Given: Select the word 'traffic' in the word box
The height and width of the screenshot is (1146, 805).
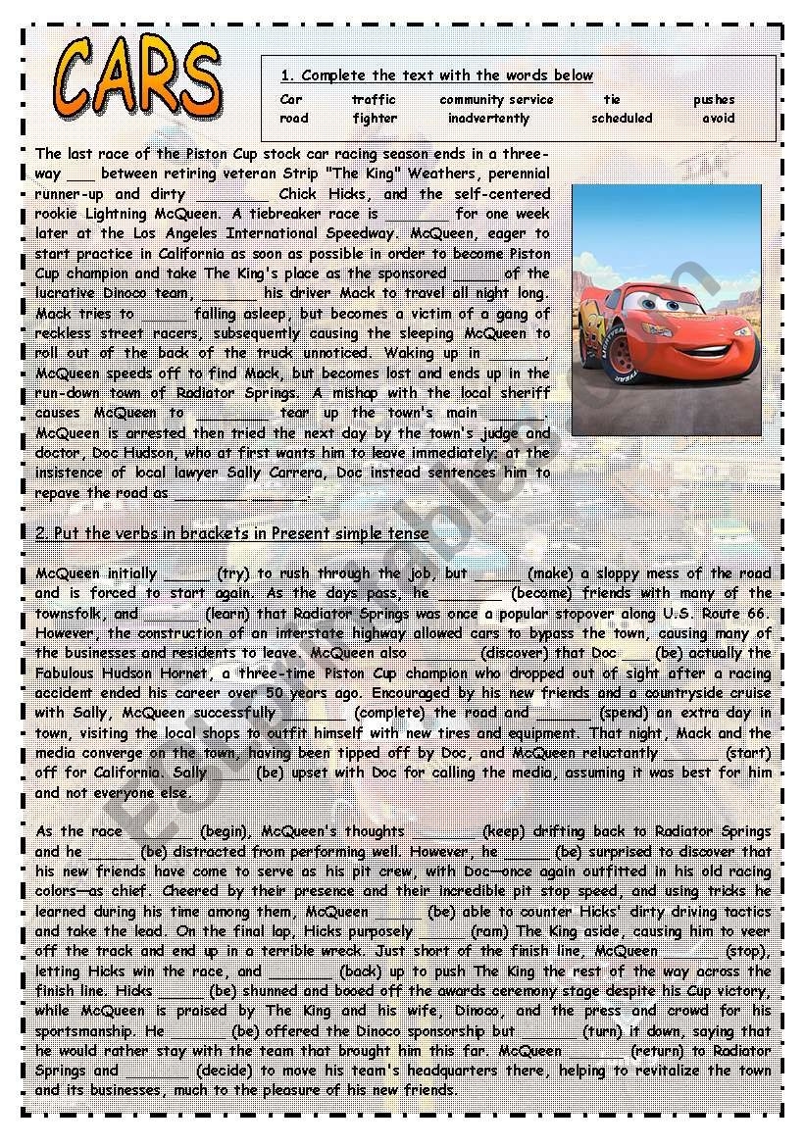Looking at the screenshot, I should pyautogui.click(x=374, y=99).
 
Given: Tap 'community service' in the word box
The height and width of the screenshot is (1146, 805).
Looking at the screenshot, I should pyautogui.click(x=496, y=99).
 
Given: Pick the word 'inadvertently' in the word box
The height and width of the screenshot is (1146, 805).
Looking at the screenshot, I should pyautogui.click(x=488, y=119).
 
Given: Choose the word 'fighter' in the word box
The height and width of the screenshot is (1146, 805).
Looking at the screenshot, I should pyautogui.click(x=375, y=119).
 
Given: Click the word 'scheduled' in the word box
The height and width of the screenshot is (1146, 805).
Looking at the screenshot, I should pyautogui.click(x=622, y=119).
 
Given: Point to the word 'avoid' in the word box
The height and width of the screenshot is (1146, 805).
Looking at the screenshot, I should pyautogui.click(x=718, y=119).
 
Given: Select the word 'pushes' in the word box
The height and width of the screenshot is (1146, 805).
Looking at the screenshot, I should pyautogui.click(x=714, y=99).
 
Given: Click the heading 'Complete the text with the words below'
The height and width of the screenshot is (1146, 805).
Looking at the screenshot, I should pyautogui.click(x=437, y=75).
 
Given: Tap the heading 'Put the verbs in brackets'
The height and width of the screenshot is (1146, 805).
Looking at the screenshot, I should pyautogui.click(x=232, y=533).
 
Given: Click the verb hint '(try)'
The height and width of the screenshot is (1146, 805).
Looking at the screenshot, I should pyautogui.click(x=233, y=573).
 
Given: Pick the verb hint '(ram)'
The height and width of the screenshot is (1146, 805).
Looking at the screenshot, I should pyautogui.click(x=491, y=931).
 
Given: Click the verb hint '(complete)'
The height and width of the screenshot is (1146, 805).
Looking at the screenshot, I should pyautogui.click(x=390, y=713).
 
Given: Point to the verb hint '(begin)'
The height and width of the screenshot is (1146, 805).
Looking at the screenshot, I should pyautogui.click(x=230, y=831).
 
